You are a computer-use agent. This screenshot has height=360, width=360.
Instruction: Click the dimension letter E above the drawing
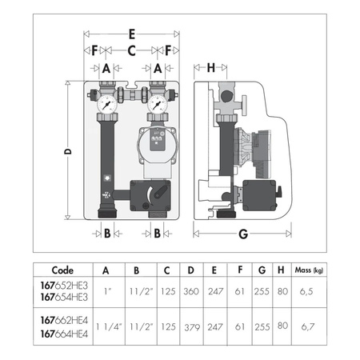[132, 34]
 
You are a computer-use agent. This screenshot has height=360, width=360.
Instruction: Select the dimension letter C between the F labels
[131, 50]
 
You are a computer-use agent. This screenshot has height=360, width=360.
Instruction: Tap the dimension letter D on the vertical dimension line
[68, 151]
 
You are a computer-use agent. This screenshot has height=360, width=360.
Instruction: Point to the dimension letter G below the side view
[243, 234]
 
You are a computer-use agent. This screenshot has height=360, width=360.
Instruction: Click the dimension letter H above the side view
[211, 68]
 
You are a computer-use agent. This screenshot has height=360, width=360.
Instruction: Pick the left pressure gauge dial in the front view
[107, 104]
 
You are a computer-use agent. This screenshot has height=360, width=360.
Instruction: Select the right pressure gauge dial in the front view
[158, 104]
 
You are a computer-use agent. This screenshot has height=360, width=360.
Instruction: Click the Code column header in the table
[62, 270]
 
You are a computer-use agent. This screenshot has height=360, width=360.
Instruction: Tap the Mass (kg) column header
[309, 270]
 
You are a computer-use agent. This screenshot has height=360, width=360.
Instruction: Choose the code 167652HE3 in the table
[64, 286]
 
